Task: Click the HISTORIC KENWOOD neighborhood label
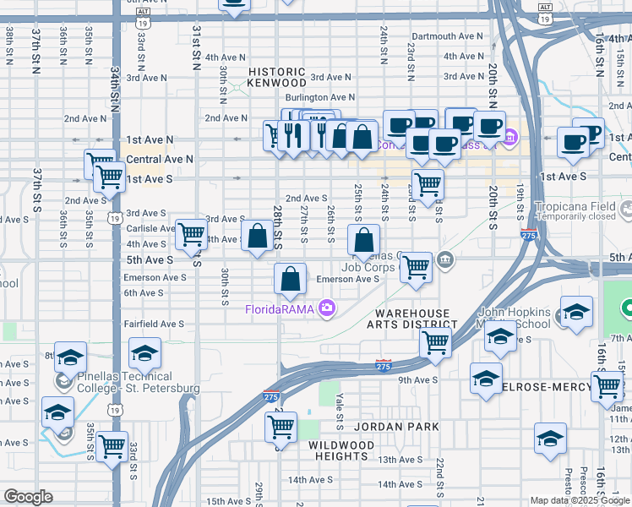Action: coord(276,77)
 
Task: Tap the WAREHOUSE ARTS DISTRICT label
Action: coord(417,319)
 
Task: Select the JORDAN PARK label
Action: coord(397,427)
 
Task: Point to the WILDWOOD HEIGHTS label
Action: coord(337,450)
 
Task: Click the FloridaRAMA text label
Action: coord(280,309)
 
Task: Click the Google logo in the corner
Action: coord(28,497)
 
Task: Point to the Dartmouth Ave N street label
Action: coord(445,36)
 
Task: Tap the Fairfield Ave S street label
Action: coord(154,324)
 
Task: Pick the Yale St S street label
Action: coord(339,409)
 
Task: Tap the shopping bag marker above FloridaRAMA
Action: coord(290,279)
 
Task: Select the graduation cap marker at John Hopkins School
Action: coord(501,335)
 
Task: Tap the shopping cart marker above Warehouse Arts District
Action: coord(435,341)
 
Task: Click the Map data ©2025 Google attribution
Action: coord(580,500)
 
